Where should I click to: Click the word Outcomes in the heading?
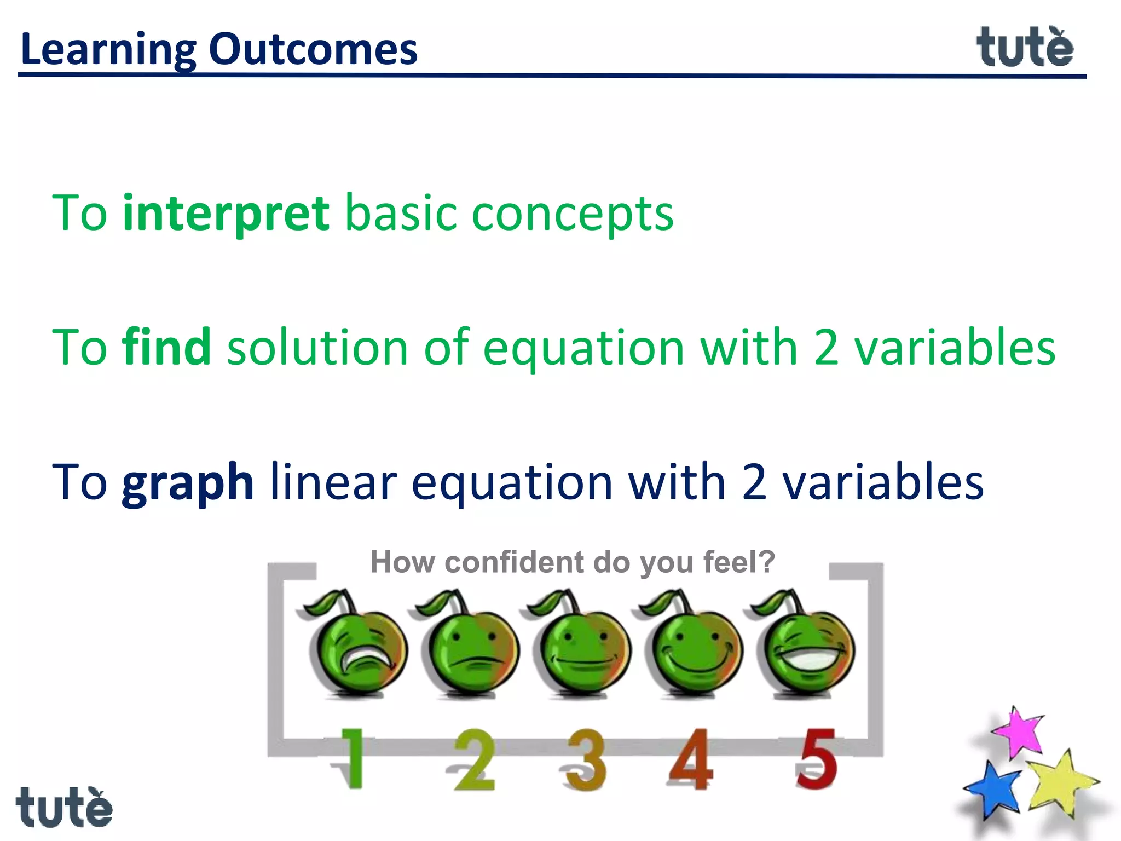(x=313, y=49)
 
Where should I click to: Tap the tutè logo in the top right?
(x=1025, y=48)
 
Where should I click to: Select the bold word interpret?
(x=226, y=214)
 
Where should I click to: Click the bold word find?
(x=166, y=347)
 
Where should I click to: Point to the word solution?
(x=317, y=347)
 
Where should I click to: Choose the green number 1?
(x=353, y=758)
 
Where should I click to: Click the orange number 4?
(x=691, y=758)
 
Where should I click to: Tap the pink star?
(x=1019, y=733)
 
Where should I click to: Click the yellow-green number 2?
(x=474, y=759)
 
